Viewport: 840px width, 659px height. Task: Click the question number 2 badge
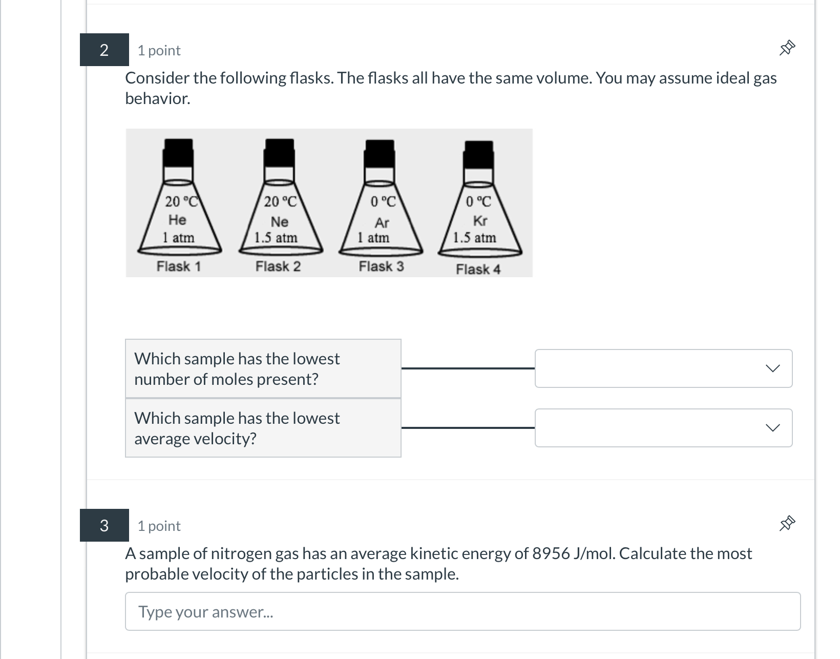pos(104,50)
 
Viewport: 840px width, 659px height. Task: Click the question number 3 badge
pos(104,525)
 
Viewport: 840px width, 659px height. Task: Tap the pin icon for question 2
pos(787,48)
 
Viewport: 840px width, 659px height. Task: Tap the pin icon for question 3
pos(787,524)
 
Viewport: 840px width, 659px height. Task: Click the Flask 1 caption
pos(178,266)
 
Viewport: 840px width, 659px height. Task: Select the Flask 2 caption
pos(278,266)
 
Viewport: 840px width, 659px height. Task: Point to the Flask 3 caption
pos(381,266)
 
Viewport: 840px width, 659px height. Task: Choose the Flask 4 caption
pos(478,269)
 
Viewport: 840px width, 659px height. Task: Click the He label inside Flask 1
pos(177,220)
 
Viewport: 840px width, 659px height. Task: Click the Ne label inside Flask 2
pos(279,222)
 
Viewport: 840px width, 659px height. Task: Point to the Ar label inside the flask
pos(382,223)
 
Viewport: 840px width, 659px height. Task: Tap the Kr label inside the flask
pos(480,221)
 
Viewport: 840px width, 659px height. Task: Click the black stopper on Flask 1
pos(178,152)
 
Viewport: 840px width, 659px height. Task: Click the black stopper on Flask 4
pos(478,154)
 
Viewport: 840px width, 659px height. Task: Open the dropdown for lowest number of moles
pos(663,368)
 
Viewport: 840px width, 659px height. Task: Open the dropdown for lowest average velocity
pos(663,428)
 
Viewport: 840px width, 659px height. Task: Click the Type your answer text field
pos(463,611)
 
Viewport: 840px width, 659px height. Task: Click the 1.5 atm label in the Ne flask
pos(276,238)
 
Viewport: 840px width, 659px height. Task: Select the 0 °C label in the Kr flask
pos(478,202)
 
